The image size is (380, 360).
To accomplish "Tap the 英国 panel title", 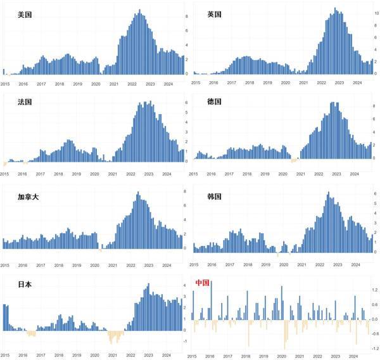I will (x=214, y=14).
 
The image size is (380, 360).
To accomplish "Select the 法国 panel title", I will (x=25, y=101).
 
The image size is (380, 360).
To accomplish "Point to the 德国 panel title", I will (x=214, y=101).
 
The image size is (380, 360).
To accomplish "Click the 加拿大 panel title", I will (x=29, y=196).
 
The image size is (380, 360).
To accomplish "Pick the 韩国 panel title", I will (x=214, y=196).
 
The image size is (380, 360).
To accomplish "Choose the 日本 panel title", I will (x=25, y=285).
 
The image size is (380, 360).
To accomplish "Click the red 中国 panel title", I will (x=203, y=282).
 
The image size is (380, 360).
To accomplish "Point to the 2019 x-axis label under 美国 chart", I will (x=77, y=84).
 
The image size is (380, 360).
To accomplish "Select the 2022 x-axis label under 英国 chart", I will (x=322, y=83).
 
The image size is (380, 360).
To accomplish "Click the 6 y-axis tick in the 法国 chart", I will (x=186, y=103).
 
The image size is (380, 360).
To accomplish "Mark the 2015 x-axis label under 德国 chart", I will (x=194, y=173).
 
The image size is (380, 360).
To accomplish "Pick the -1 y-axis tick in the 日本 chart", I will (x=185, y=341).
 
